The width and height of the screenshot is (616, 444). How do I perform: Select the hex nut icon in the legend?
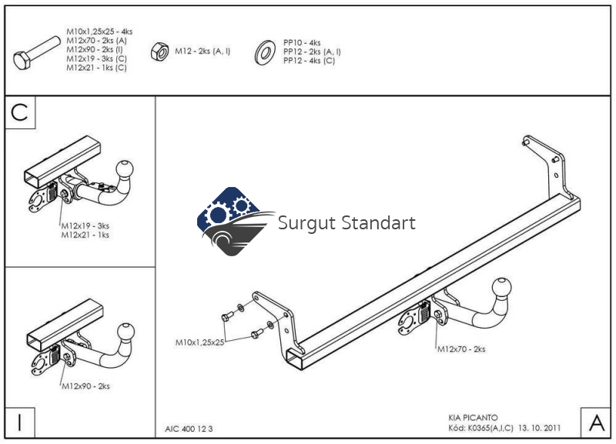tap(160, 52)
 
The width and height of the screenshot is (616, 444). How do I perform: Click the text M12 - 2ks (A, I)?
tap(203, 52)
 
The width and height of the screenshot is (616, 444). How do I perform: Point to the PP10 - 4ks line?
tap(302, 43)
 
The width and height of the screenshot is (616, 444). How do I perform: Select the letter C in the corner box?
tap(20, 112)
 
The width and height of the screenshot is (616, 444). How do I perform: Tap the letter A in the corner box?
tap(596, 422)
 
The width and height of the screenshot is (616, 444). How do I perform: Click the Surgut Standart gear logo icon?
tap(232, 221)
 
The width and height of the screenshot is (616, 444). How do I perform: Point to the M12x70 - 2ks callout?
tap(461, 349)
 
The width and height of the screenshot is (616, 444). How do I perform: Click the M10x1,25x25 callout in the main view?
tap(199, 341)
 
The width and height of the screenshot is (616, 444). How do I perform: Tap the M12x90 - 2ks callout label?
tap(85, 386)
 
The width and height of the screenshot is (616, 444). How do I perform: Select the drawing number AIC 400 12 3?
tap(189, 429)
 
